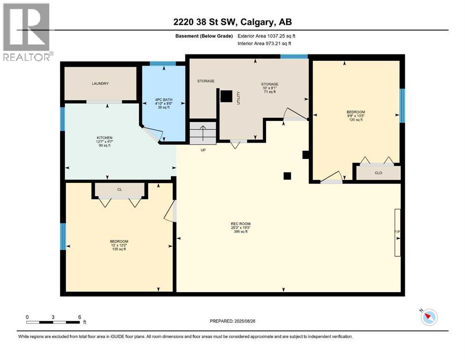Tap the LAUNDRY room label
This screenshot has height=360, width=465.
[100, 83]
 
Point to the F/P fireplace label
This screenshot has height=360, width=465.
[397, 232]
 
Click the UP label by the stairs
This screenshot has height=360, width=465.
[203, 150]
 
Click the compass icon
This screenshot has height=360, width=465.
[428, 317]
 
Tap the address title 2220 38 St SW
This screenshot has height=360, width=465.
[233, 22]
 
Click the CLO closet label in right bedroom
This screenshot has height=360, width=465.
[378, 172]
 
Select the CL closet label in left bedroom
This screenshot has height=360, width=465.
[119, 190]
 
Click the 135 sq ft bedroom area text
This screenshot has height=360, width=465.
[118, 249]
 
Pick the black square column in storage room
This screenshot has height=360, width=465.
[226, 96]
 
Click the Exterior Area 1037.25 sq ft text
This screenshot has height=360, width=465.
[266, 36]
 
